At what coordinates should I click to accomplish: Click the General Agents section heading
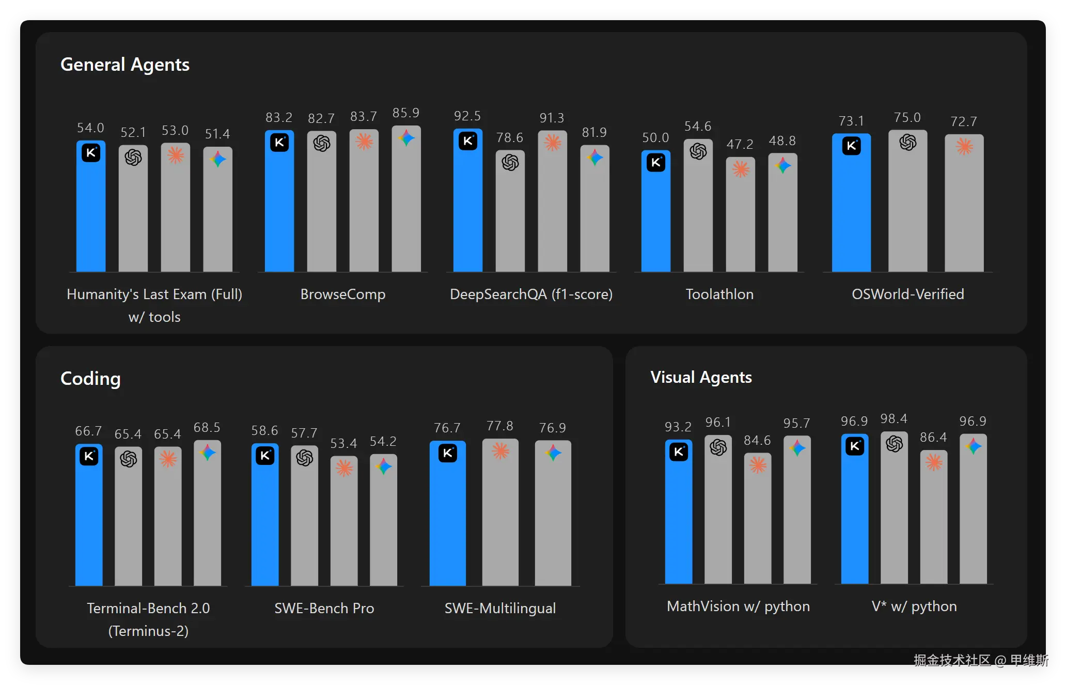(x=125, y=65)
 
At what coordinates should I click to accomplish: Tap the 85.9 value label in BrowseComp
(x=406, y=113)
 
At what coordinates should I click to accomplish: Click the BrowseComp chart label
(x=343, y=294)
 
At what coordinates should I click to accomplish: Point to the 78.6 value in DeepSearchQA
(x=510, y=137)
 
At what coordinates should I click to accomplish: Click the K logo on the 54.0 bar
(x=91, y=153)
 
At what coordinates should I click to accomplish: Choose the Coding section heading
(x=90, y=378)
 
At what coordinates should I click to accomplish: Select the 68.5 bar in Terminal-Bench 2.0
(x=207, y=517)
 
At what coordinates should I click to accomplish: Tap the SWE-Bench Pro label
(x=324, y=608)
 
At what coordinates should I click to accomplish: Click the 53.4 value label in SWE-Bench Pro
(x=343, y=443)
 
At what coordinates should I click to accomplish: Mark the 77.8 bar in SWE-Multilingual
(x=500, y=517)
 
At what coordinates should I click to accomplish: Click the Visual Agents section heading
(x=701, y=377)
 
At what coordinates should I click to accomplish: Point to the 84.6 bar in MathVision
(x=757, y=522)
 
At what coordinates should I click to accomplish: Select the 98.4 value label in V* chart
(x=893, y=418)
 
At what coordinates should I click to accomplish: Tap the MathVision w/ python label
(x=738, y=606)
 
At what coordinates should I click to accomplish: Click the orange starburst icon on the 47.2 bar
(x=741, y=169)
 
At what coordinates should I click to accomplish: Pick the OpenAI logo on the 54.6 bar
(x=698, y=151)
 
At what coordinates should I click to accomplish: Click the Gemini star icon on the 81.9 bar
(x=594, y=157)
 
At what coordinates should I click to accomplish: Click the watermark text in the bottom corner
(x=980, y=660)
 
